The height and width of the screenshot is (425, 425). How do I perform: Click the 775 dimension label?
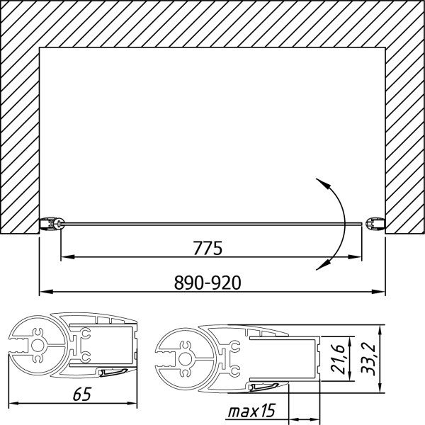tap(208, 248)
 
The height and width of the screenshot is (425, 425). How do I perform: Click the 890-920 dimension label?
tap(208, 283)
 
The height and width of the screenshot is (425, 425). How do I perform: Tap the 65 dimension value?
tap(82, 394)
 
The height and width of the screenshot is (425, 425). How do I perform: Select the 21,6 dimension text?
tap(337, 359)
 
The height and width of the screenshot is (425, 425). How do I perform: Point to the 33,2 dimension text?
tap(368, 359)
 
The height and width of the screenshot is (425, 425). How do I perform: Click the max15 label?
tap(251, 411)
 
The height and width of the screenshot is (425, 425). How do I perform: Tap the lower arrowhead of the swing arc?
tap(324, 265)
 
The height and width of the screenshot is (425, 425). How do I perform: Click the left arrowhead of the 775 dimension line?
tap(68, 256)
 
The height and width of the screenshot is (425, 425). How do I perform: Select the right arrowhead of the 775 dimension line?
tap(355, 256)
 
